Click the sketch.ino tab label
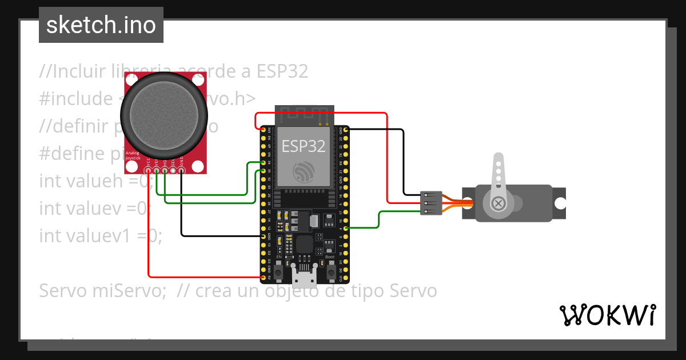(101, 26)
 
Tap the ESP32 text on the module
(304, 146)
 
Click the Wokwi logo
(607, 315)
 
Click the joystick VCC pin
(148, 170)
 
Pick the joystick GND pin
(181, 170)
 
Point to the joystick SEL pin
(173, 170)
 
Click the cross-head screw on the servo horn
(498, 203)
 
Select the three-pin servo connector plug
(430, 203)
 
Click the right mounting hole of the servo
(560, 203)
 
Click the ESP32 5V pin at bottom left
(264, 278)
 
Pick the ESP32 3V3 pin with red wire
(264, 130)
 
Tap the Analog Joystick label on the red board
(132, 155)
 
